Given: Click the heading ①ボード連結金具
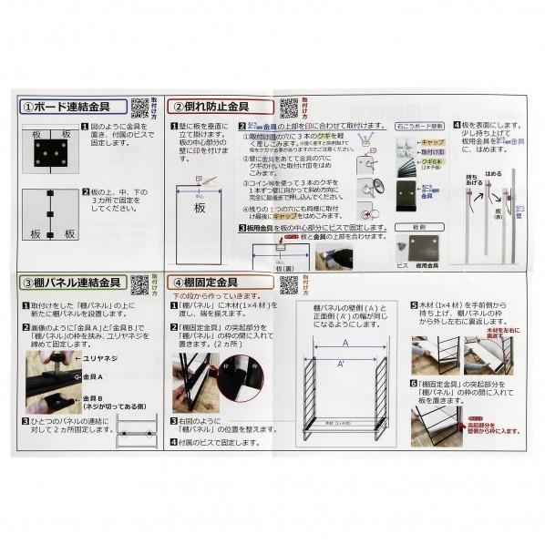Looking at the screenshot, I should pos(73,107).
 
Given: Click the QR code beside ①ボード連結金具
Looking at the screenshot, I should pos(139,108).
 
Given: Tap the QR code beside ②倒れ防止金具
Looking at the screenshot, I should pos(288,108).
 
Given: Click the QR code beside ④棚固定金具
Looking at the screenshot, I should pos(288,284).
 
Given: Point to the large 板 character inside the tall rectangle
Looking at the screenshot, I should pos(200,208).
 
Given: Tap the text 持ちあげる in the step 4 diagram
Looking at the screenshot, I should pos(472,182).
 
